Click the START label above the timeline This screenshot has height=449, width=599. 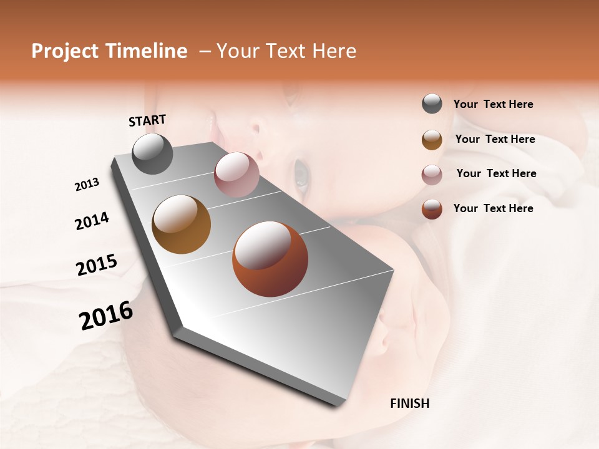[x=147, y=120]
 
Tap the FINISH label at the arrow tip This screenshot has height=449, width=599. [x=409, y=403]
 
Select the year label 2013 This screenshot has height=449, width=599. [x=87, y=185]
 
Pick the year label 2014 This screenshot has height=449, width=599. [x=92, y=221]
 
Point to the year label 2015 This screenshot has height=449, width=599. [x=97, y=265]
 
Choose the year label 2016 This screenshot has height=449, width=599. [x=106, y=316]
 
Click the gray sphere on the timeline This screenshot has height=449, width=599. [x=152, y=154]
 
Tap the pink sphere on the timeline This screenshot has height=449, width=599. [x=236, y=175]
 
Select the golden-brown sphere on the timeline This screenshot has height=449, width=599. [x=181, y=224]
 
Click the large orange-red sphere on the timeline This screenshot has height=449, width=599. [x=270, y=259]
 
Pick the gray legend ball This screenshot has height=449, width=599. [x=432, y=104]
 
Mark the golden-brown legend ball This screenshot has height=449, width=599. [x=432, y=140]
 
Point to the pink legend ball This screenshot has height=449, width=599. [x=432, y=175]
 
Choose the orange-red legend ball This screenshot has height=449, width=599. [x=432, y=209]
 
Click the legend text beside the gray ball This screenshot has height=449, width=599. [x=493, y=104]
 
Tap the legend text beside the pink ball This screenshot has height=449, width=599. [x=496, y=173]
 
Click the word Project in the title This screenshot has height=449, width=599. [x=65, y=51]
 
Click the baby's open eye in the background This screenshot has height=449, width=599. [x=301, y=173]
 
